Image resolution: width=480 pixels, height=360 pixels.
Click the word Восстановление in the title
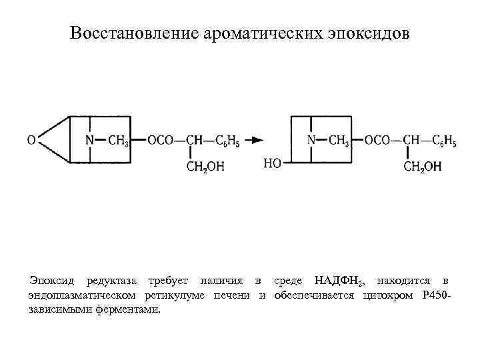(131, 33)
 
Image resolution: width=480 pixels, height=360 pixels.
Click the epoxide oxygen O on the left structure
(31, 141)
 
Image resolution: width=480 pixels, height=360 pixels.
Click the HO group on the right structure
(273, 163)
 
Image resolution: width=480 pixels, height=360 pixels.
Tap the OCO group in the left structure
(160, 141)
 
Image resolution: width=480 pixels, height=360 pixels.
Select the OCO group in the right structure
(378, 141)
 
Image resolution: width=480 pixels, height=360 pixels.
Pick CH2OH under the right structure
(423, 167)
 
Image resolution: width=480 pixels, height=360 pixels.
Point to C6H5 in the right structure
(444, 141)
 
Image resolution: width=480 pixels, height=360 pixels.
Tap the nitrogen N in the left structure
(90, 141)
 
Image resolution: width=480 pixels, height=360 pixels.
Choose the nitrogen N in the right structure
(311, 141)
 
